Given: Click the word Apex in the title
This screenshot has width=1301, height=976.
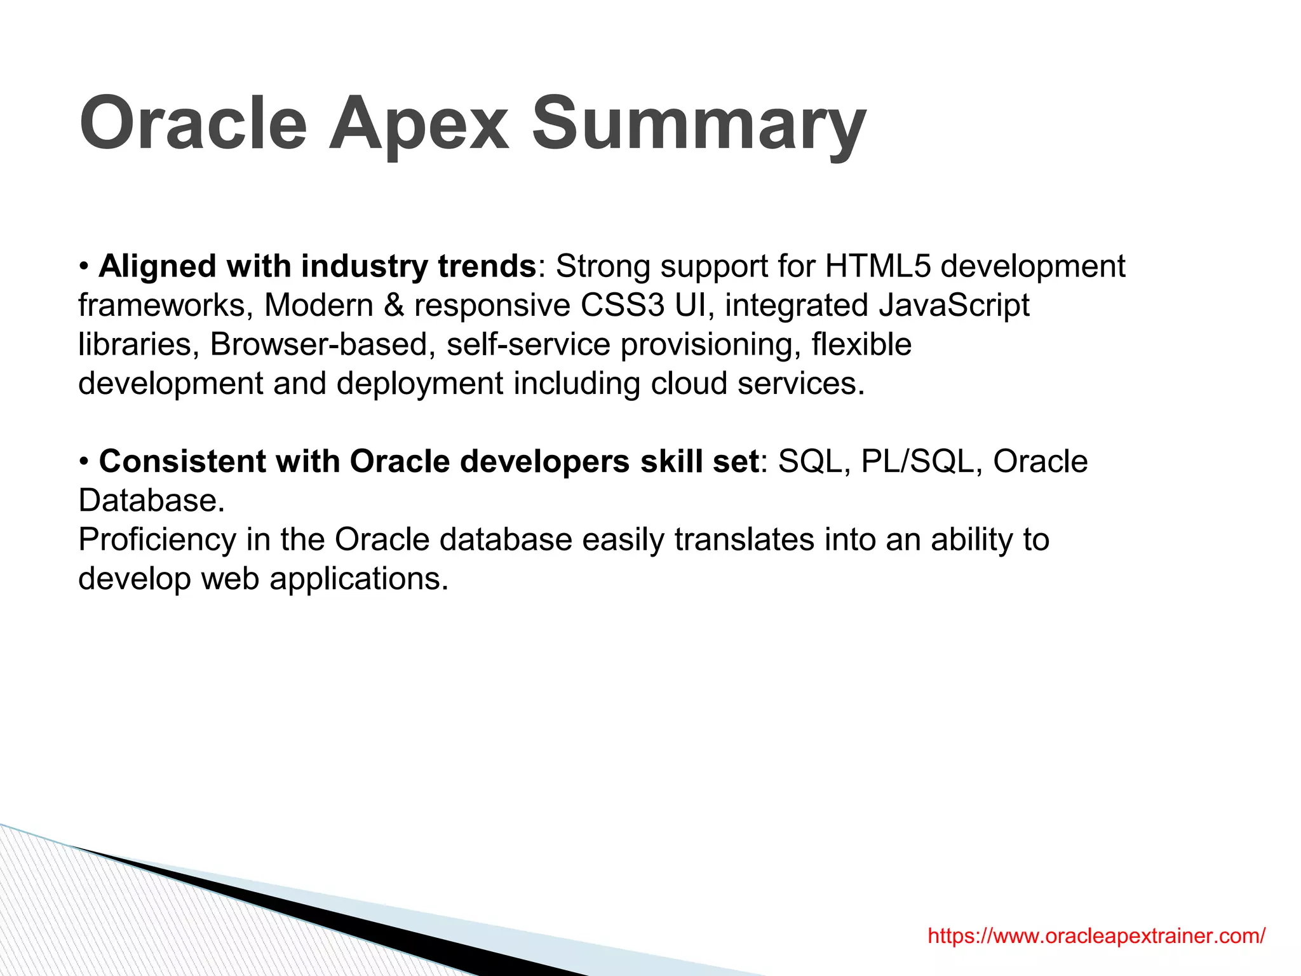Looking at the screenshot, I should pyautogui.click(x=419, y=123).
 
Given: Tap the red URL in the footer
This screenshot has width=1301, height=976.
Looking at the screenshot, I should pyautogui.click(x=1096, y=936).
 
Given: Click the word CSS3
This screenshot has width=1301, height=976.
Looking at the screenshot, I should pyautogui.click(x=622, y=306).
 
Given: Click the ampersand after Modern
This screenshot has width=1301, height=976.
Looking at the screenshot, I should pyautogui.click(x=394, y=306).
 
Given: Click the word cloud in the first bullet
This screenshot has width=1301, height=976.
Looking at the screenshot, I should pyautogui.click(x=689, y=384).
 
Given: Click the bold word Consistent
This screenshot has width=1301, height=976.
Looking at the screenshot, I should pyautogui.click(x=182, y=462).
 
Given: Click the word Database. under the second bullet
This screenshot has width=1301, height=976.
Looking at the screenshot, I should pyautogui.click(x=151, y=501).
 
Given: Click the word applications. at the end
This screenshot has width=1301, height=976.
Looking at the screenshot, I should pyautogui.click(x=359, y=579).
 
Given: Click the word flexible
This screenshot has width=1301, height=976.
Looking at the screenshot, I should pyautogui.click(x=861, y=345).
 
